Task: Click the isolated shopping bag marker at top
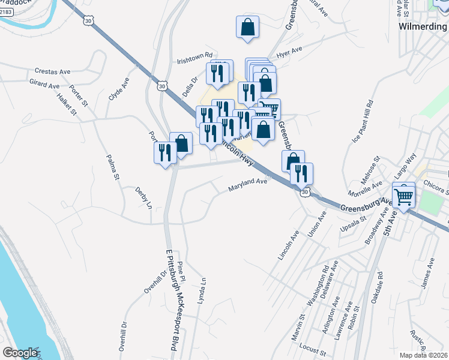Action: click(248, 28)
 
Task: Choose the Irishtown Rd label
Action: click(195, 58)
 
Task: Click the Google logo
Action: click(20, 353)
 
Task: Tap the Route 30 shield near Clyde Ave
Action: click(162, 86)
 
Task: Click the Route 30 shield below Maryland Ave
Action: click(306, 192)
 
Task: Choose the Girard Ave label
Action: click(44, 83)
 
